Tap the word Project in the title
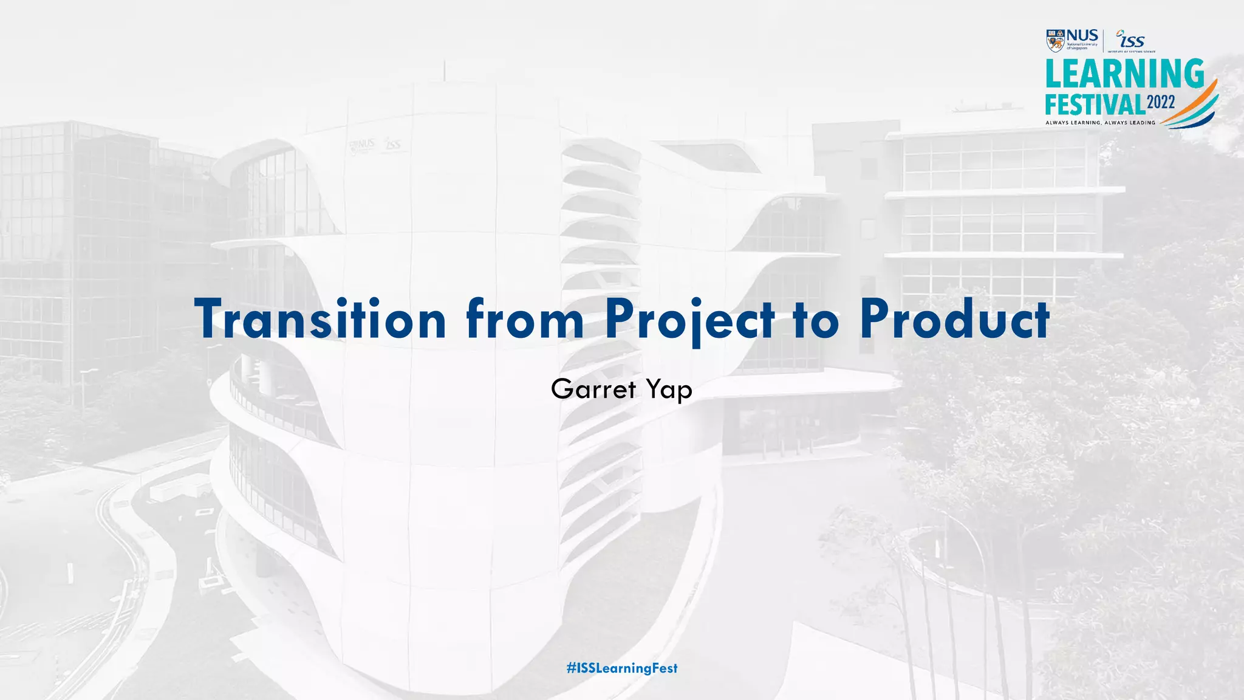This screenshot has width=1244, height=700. click(x=690, y=319)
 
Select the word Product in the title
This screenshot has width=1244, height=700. click(x=954, y=319)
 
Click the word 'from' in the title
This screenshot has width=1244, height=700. click(x=525, y=319)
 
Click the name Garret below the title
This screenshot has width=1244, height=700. click(x=593, y=389)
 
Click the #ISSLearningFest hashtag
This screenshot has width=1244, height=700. click(x=622, y=668)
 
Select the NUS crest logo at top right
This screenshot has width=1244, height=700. click(x=1055, y=40)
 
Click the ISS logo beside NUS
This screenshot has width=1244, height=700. click(x=1131, y=40)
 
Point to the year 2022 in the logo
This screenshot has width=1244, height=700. click(x=1161, y=102)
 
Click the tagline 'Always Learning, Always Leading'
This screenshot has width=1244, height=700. click(x=1100, y=123)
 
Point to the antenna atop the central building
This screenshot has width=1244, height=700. click(x=444, y=70)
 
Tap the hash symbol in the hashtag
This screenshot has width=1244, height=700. click(x=571, y=668)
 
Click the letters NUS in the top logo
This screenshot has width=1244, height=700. click(x=1082, y=35)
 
